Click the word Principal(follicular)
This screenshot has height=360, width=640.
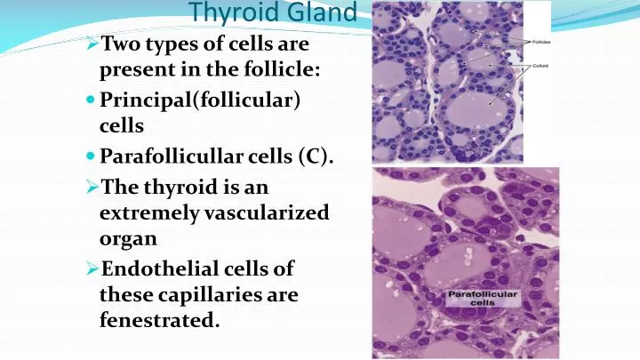(x=199, y=101)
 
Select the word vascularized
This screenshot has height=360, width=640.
(x=268, y=213)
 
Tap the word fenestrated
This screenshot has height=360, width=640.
(x=159, y=320)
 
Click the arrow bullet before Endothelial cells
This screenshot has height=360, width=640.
(x=93, y=269)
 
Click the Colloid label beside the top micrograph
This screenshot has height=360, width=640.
(x=540, y=67)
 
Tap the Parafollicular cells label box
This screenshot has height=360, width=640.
(x=483, y=298)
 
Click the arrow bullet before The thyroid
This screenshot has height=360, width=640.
(x=93, y=188)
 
